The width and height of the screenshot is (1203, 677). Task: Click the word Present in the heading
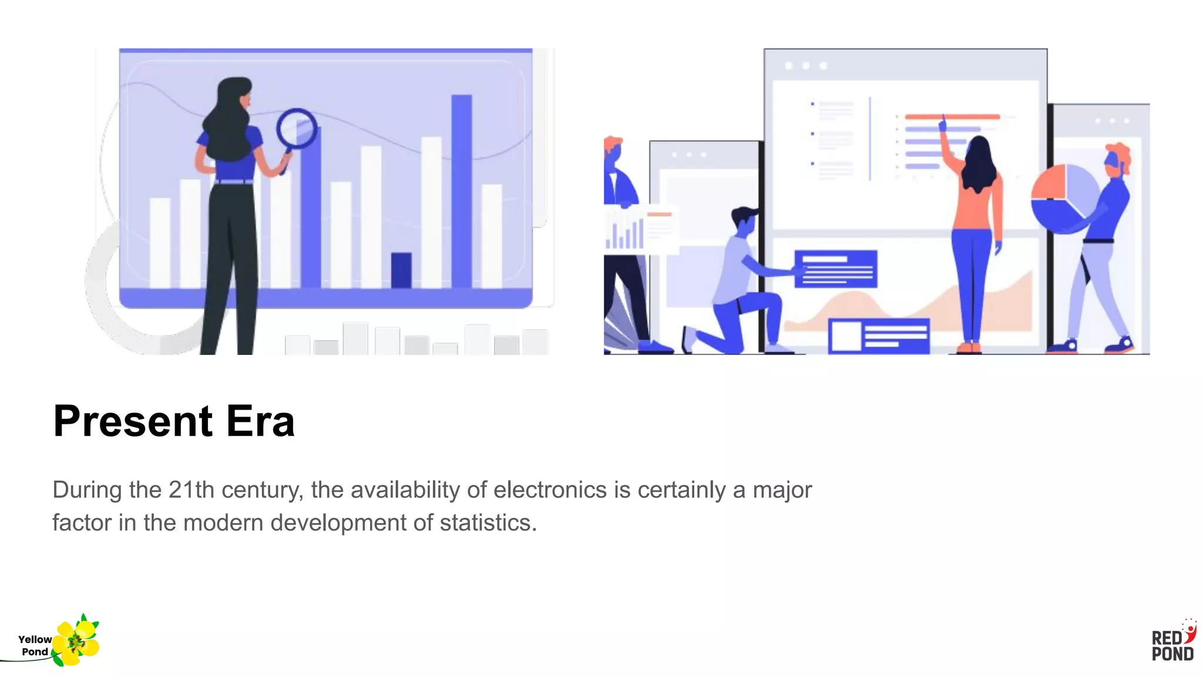pyautogui.click(x=132, y=421)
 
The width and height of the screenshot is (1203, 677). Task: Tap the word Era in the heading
pyautogui.click(x=260, y=421)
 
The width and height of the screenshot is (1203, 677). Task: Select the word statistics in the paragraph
pyautogui.click(x=488, y=522)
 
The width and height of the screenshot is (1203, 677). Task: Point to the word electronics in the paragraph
pyautogui.click(x=550, y=490)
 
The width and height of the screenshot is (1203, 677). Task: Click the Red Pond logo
pyautogui.click(x=1173, y=641)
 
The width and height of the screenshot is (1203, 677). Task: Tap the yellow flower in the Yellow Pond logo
pyautogui.click(x=76, y=642)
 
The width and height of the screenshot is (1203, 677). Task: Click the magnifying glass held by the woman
pyautogui.click(x=297, y=129)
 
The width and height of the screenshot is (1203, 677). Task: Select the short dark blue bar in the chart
pyautogui.click(x=401, y=270)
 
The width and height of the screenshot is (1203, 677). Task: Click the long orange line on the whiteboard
pyautogui.click(x=952, y=117)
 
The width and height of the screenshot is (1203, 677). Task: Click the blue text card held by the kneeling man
pyautogui.click(x=835, y=269)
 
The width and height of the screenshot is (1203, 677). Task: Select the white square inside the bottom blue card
pyautogui.click(x=846, y=336)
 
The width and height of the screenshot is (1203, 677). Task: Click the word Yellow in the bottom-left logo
pyautogui.click(x=35, y=639)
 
